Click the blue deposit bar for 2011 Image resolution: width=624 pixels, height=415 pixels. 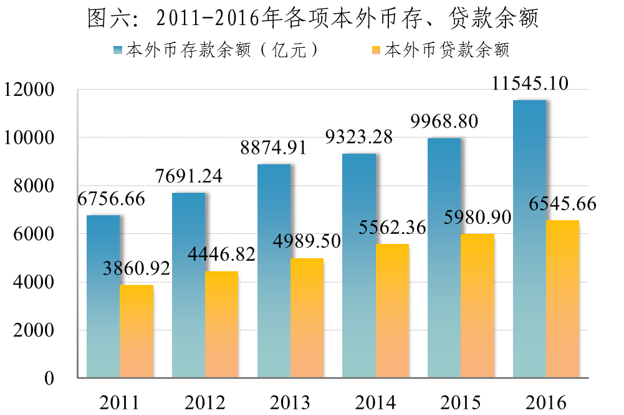point(103,296)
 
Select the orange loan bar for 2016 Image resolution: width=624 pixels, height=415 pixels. point(562,299)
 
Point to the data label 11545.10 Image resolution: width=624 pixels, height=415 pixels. point(530,83)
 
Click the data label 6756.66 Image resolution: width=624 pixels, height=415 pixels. point(112,199)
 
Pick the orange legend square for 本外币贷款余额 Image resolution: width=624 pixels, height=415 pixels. point(375,50)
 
